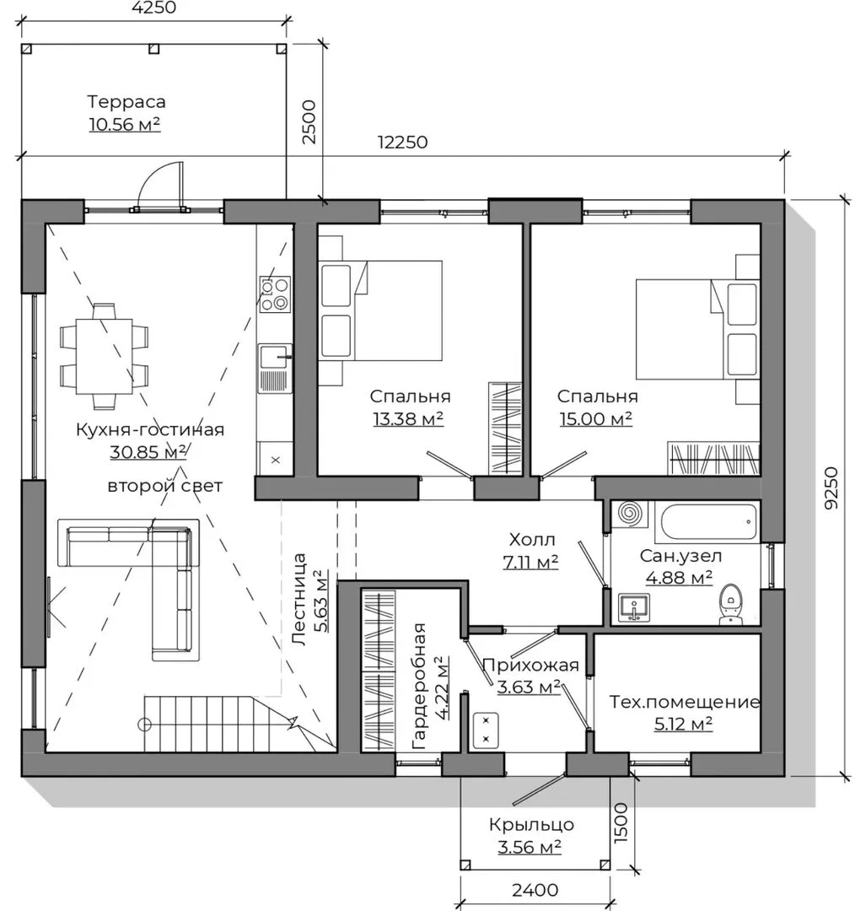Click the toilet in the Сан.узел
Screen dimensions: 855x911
pos(730,604)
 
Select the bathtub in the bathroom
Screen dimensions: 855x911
pos(707,522)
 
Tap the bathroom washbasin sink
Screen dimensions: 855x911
pos(634,607)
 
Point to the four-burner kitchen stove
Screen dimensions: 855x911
pos(275,294)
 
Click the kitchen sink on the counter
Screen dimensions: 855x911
pos(275,369)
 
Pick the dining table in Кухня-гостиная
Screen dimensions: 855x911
pos(104,356)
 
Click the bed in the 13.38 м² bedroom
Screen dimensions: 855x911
pos(380,310)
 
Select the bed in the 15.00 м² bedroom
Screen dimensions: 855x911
pos(697,329)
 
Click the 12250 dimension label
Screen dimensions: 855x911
pos(402,143)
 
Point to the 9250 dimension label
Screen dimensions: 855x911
pos(831,488)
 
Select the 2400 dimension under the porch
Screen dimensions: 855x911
pos(535,890)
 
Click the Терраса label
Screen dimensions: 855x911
pos(126,102)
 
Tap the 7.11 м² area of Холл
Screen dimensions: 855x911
pos(530,562)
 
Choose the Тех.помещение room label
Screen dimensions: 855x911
pos(684,702)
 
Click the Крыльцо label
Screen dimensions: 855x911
pos(531,824)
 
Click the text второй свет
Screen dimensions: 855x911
pos(165,486)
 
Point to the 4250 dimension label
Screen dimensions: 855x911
pos(154,8)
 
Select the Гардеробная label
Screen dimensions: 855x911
pos(419,686)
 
